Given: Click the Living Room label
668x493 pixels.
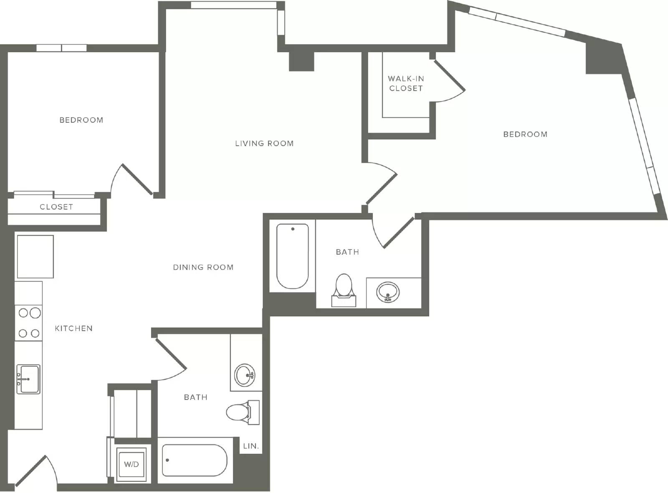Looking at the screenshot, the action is [264, 143].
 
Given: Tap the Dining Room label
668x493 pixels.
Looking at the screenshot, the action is [203, 267].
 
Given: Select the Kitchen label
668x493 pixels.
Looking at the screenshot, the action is [73, 328].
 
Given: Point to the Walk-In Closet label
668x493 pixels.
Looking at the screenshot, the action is [406, 83].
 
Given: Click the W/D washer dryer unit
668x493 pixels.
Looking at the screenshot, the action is [132, 464].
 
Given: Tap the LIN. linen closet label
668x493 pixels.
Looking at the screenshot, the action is [251, 446].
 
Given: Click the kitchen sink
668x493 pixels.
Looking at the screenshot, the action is [28, 379].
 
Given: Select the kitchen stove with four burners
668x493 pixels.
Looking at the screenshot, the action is [29, 323].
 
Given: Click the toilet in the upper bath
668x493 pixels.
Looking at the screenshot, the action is [344, 290].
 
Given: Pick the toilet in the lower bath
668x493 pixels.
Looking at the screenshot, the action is [243, 412].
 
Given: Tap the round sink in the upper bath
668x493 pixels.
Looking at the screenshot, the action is [388, 292].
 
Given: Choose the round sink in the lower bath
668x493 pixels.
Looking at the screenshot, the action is [245, 375].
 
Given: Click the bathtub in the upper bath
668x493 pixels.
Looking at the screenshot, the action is [292, 256].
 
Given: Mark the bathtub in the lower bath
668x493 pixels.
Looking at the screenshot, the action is [194, 460].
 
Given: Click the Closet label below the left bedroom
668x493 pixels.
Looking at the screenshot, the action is [56, 207].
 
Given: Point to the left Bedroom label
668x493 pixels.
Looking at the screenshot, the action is [81, 120].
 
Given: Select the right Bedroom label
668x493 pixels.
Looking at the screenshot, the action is [525, 134].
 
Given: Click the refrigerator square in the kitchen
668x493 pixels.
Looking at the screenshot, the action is [35, 257].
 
